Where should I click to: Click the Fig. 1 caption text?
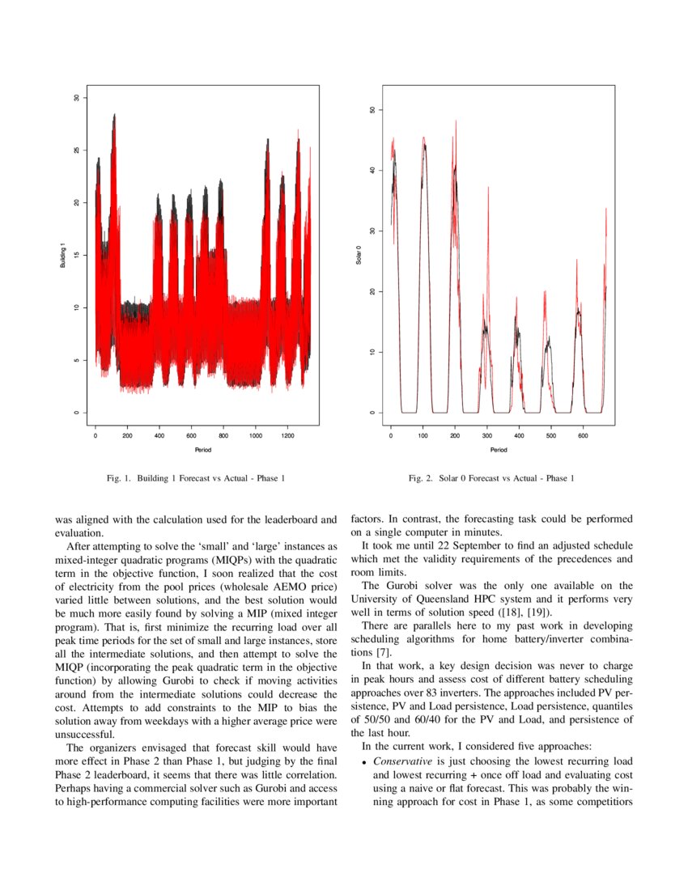point(196,479)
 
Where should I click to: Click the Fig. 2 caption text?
point(492,479)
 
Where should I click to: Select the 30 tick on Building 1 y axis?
point(76,97)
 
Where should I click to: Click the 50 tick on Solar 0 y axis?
point(371,109)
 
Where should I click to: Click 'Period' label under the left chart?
point(202,450)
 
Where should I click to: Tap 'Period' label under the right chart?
point(499,450)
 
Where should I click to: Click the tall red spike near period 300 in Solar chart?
point(488,190)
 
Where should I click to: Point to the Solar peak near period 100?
point(423,139)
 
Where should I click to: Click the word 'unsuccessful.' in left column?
point(85,734)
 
